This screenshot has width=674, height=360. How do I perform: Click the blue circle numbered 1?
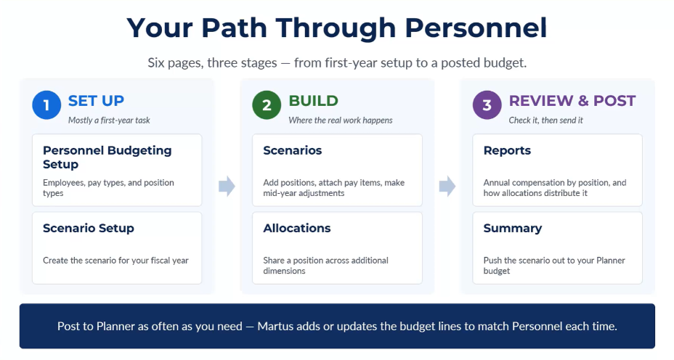pyautogui.click(x=46, y=105)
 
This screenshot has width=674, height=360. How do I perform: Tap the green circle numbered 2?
pyautogui.click(x=267, y=105)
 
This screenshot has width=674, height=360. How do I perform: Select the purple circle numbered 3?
pyautogui.click(x=487, y=105)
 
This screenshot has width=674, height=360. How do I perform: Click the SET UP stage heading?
pyautogui.click(x=96, y=101)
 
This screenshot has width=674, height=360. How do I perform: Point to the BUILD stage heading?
pyautogui.click(x=313, y=101)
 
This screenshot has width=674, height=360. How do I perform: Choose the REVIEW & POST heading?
pyautogui.click(x=572, y=101)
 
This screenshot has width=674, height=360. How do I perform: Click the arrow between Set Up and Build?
pyautogui.click(x=227, y=186)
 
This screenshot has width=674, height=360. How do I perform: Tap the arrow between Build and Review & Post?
pyautogui.click(x=447, y=186)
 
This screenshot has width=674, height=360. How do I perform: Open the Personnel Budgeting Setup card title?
pyautogui.click(x=107, y=157)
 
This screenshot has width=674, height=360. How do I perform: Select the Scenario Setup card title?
pyautogui.click(x=88, y=228)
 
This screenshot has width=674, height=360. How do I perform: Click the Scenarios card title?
pyautogui.click(x=292, y=150)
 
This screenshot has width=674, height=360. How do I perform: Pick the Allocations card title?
pyautogui.click(x=296, y=228)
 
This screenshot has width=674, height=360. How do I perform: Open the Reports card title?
pyautogui.click(x=507, y=151)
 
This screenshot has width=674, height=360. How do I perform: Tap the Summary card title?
pyautogui.click(x=513, y=229)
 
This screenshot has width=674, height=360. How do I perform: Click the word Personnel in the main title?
pyautogui.click(x=476, y=28)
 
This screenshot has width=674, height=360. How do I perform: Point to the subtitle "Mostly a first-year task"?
pyautogui.click(x=109, y=120)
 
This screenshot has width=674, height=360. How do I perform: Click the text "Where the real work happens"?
pyautogui.click(x=341, y=120)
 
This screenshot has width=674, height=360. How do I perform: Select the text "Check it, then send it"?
pyautogui.click(x=546, y=120)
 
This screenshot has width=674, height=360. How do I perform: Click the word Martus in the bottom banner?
pyautogui.click(x=273, y=326)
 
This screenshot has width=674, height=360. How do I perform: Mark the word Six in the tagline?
pyautogui.click(x=155, y=62)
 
